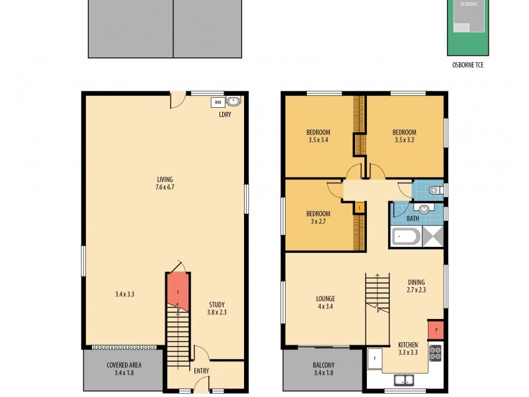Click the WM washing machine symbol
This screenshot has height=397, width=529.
point(217,103)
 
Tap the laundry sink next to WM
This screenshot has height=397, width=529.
point(233,102)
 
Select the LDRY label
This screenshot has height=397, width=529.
point(225,114)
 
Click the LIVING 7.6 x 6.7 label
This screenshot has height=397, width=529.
point(165,183)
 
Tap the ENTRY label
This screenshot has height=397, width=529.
point(201,371)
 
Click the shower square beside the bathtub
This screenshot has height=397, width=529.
point(432,236)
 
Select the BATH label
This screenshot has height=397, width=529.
point(413,218)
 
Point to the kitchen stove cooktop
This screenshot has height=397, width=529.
point(435,353)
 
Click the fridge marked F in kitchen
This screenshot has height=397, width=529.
point(374,358)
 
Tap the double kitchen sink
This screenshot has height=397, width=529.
point(403,380)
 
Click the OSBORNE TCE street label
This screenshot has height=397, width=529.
point(469,65)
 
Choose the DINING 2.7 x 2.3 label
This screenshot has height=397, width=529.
point(416,286)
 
